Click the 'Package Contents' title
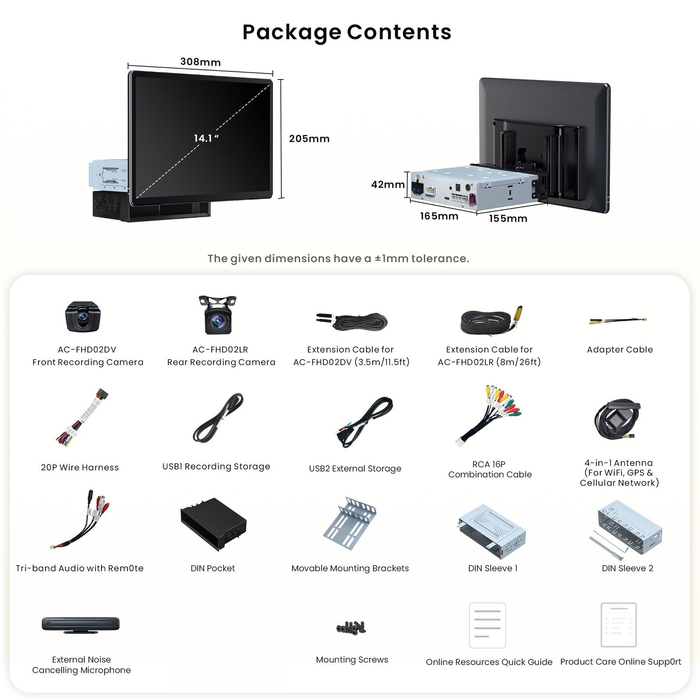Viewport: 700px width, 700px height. point(347,32)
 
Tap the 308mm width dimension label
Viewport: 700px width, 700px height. point(200,62)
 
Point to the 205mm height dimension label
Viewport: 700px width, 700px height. point(309,139)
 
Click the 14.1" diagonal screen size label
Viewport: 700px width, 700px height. point(206,138)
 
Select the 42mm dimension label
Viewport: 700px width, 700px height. point(388,185)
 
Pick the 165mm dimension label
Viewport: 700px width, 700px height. point(439,216)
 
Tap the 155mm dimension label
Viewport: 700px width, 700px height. point(508,219)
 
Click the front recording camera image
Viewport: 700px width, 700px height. point(83,317)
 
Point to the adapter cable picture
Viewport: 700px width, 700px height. point(618,321)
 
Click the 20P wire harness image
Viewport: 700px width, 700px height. point(82,417)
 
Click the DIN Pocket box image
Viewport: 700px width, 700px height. point(213,524)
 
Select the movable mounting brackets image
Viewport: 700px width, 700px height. point(350,523)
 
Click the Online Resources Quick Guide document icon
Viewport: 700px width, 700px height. point(487,625)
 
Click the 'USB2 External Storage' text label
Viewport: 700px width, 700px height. point(355,469)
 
